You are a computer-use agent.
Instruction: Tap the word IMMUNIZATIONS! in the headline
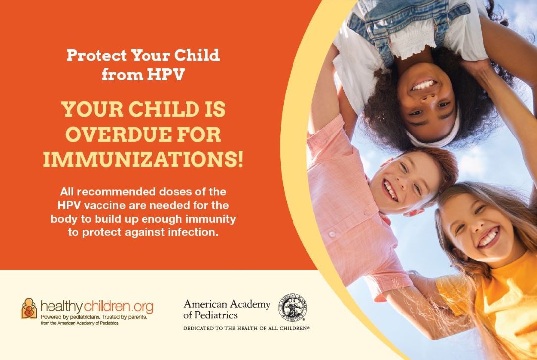pyautogui.click(x=143, y=159)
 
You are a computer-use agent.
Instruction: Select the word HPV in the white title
pyautogui.click(x=166, y=74)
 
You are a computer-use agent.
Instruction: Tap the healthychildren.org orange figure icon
pyautogui.click(x=29, y=309)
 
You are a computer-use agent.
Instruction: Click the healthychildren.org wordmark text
pyautogui.click(x=97, y=307)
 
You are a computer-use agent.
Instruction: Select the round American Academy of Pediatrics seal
pyautogui.click(x=293, y=307)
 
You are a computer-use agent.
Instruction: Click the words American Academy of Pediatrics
pyautogui.click(x=226, y=309)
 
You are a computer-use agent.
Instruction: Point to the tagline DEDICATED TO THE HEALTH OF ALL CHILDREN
pyautogui.click(x=246, y=328)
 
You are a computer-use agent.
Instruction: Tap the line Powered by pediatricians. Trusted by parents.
pyautogui.click(x=94, y=317)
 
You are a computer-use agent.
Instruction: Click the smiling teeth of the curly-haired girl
pyautogui.click(x=424, y=85)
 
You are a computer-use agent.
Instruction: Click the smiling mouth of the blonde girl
pyautogui.click(x=488, y=237)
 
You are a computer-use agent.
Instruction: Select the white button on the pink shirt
pyautogui.click(x=332, y=234)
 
